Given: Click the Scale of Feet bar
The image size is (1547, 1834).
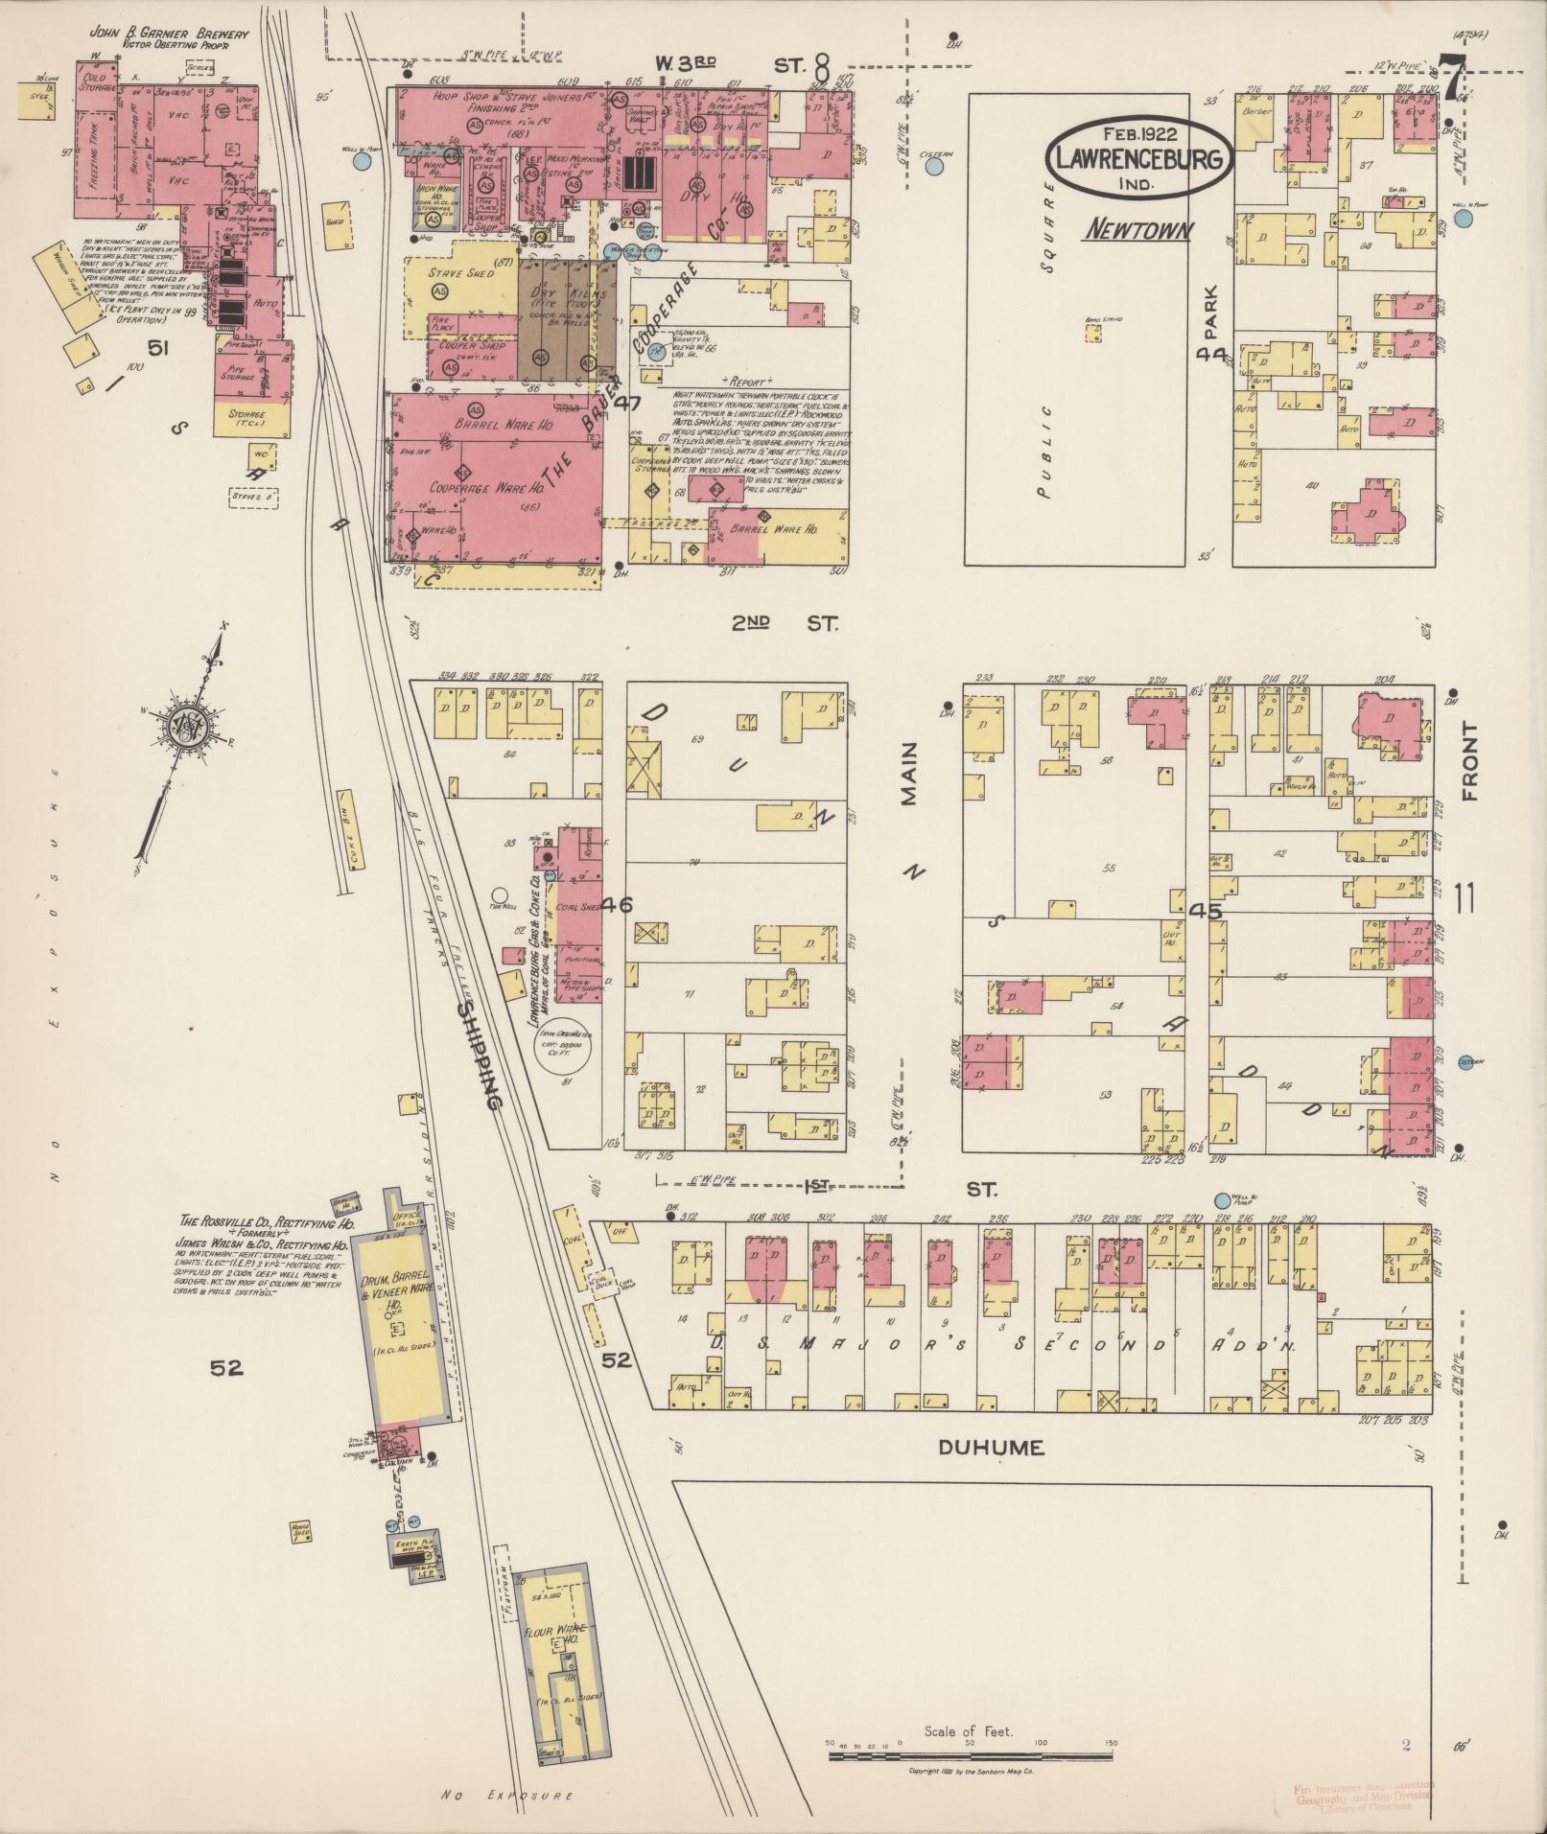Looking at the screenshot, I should pyautogui.click(x=971, y=1755).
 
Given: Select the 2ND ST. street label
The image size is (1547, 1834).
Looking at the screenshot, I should pyautogui.click(x=784, y=623).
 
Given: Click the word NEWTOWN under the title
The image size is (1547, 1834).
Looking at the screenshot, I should pyautogui.click(x=1140, y=230).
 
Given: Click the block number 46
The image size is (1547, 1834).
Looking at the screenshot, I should pyautogui.click(x=619, y=904).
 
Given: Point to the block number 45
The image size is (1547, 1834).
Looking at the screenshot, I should pyautogui.click(x=1205, y=911).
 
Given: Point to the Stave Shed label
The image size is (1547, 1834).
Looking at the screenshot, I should pyautogui.click(x=461, y=274).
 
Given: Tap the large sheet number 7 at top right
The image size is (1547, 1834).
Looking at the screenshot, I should pyautogui.click(x=1455, y=81).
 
